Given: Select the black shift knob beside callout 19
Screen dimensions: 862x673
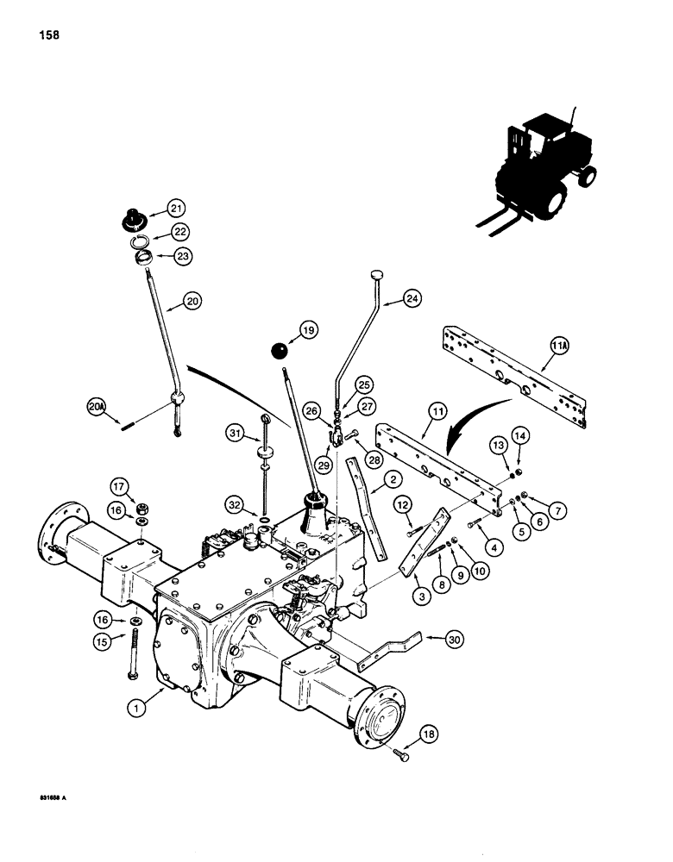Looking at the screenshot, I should coord(279,351).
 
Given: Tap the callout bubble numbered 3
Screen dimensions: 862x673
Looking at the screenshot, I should coord(399,595).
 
